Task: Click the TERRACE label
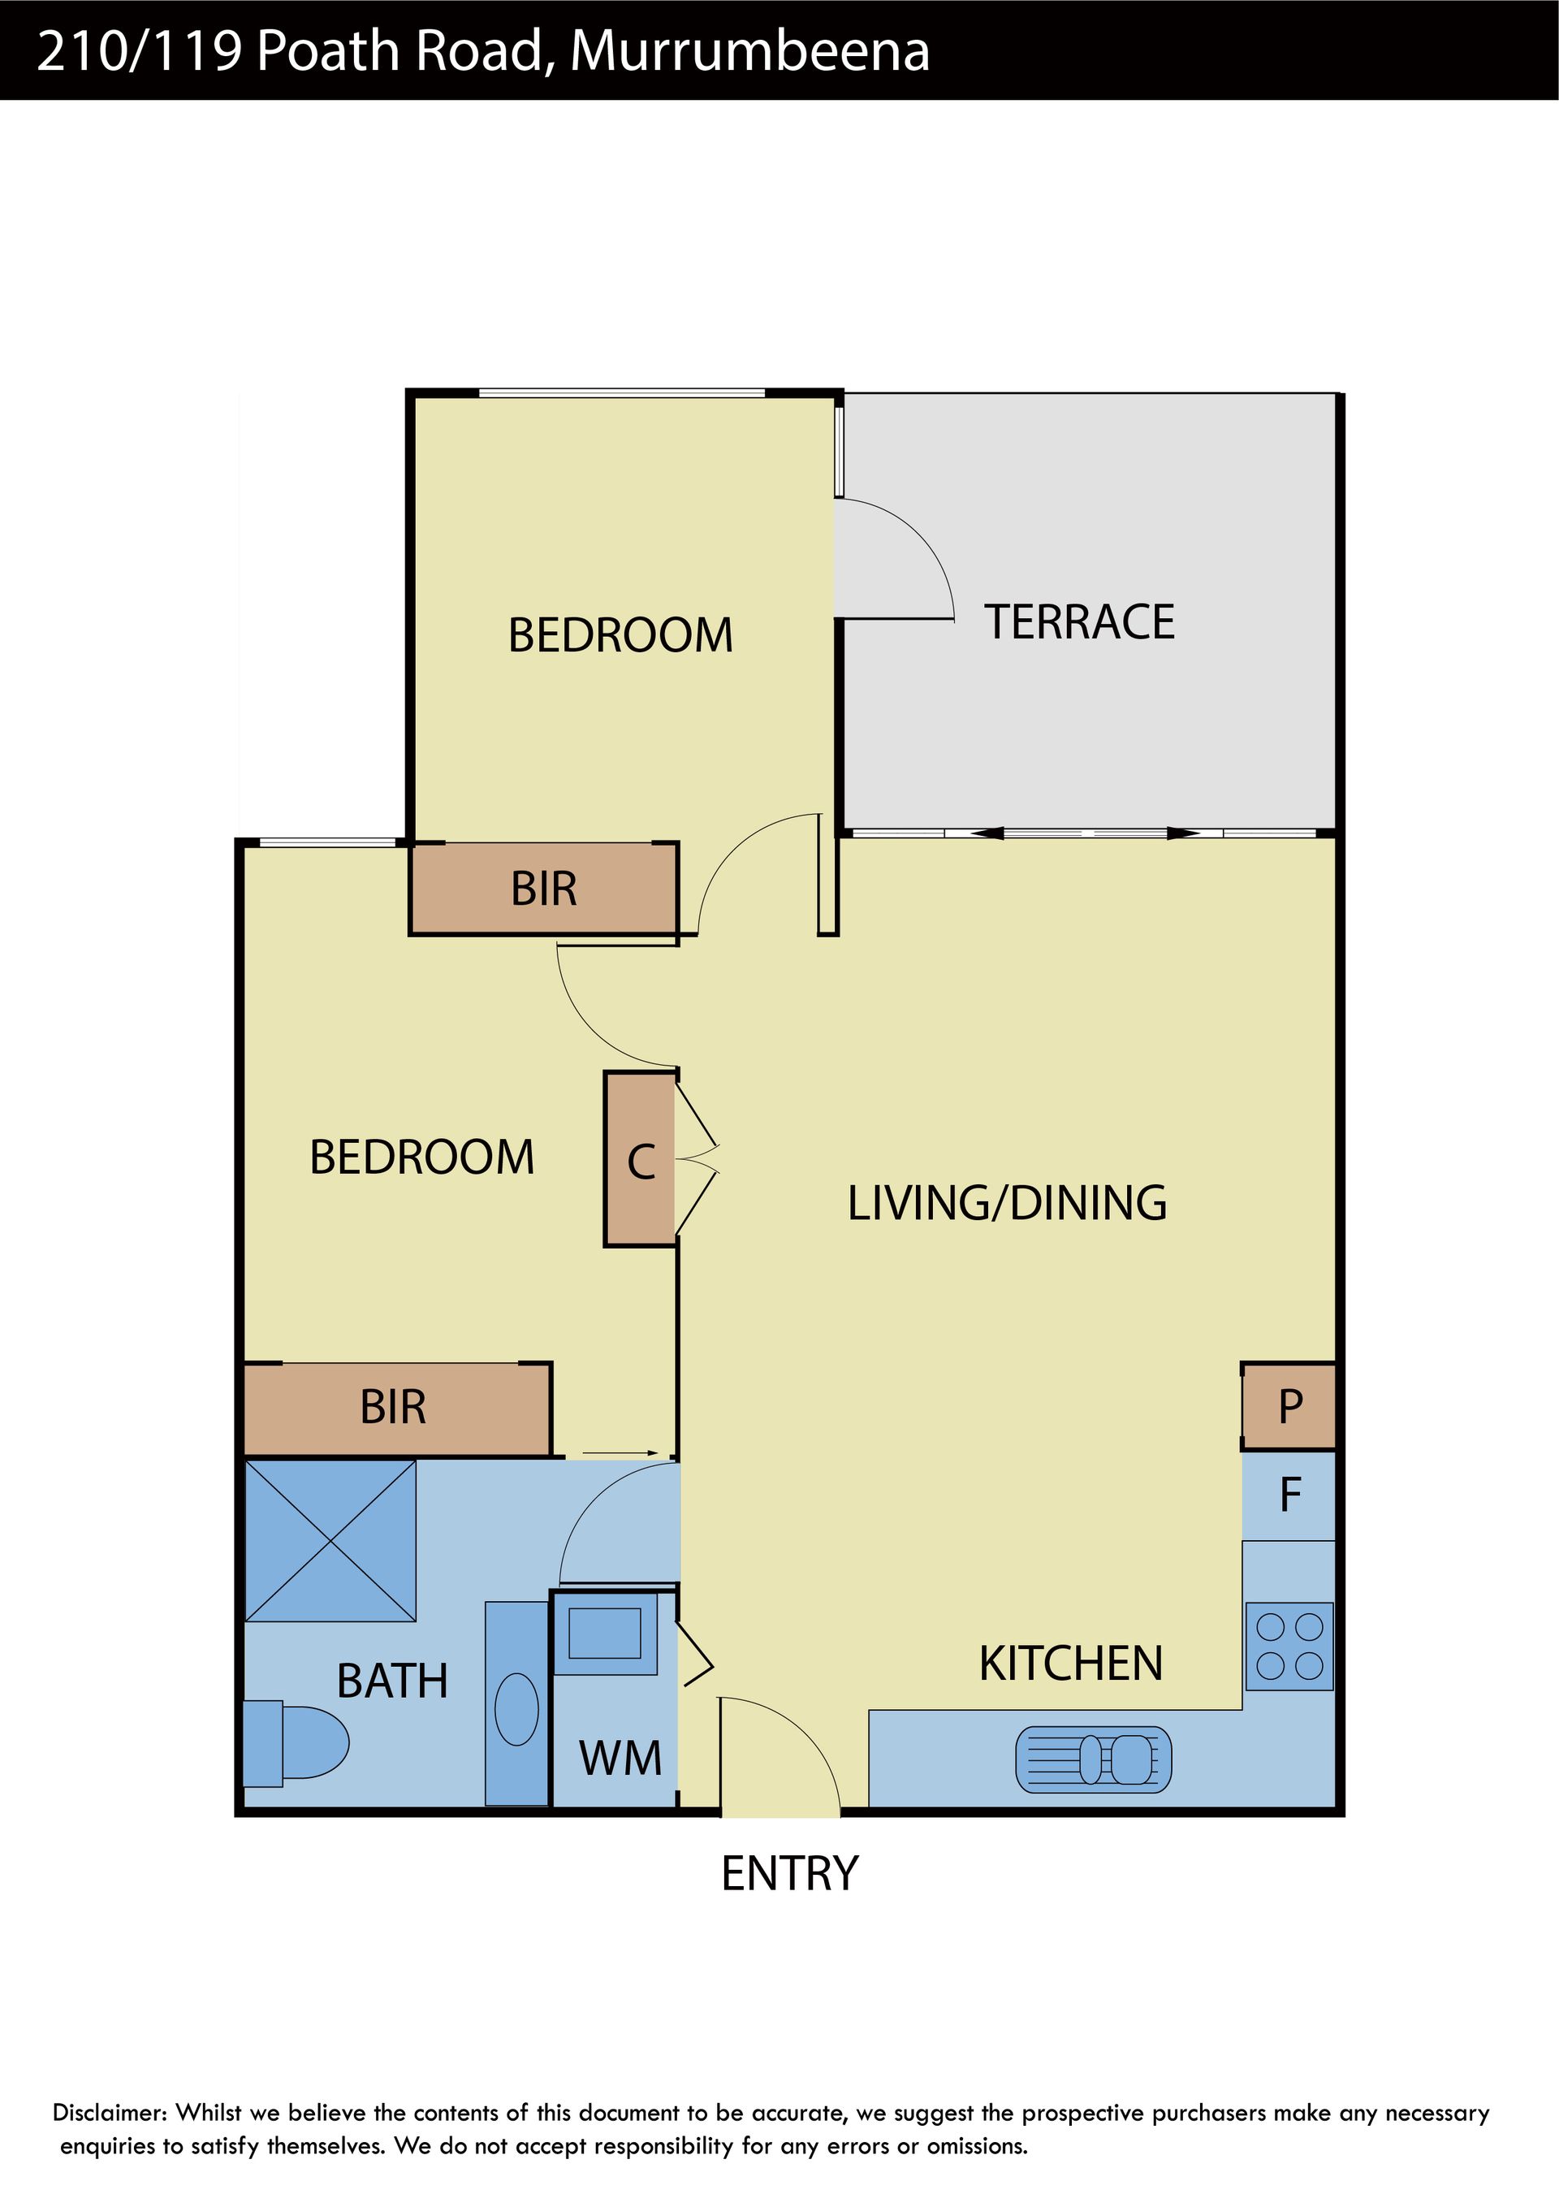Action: [x=1078, y=622]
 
